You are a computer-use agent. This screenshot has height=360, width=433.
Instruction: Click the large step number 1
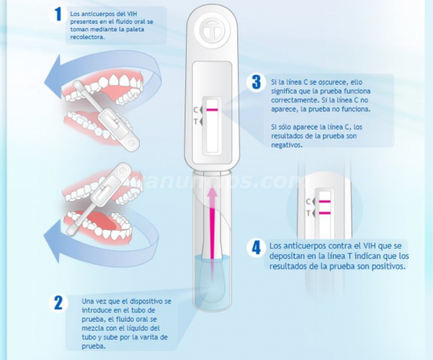pyautogui.click(x=58, y=14)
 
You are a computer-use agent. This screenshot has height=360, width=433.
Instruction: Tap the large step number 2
pyautogui.click(x=58, y=303)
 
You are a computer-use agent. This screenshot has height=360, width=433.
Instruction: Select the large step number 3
pyautogui.click(x=256, y=82)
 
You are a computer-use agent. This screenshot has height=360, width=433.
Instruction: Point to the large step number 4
pyautogui.click(x=256, y=247)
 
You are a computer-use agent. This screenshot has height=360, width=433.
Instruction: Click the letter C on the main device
pyautogui.click(x=195, y=110)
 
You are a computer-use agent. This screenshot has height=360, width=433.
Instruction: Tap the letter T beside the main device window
pyautogui.click(x=195, y=121)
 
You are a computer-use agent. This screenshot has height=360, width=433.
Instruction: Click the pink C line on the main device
pyautogui.click(x=212, y=110)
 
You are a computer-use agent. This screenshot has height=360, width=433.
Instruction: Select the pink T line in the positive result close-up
pyautogui.click(x=324, y=213)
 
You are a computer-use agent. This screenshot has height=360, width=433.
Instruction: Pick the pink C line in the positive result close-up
pyautogui.click(x=324, y=202)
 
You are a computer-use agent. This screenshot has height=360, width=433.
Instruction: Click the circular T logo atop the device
pyautogui.click(x=212, y=30)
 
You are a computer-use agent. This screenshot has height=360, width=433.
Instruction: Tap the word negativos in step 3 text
pyautogui.click(x=287, y=145)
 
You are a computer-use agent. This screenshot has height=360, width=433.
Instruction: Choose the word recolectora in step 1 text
pyautogui.click(x=87, y=37)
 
